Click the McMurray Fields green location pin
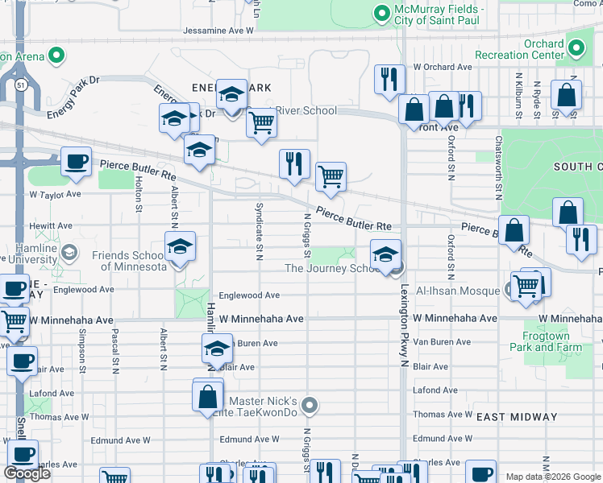381,13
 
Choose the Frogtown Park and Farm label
545,341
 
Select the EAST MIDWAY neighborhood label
517,417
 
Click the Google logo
27,473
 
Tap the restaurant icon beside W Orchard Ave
389,80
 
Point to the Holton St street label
139,196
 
